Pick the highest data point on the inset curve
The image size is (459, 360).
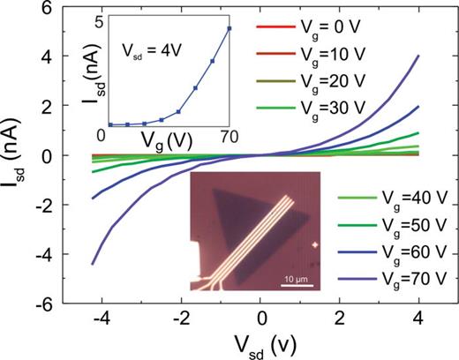pyautogui.click(x=229, y=28)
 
